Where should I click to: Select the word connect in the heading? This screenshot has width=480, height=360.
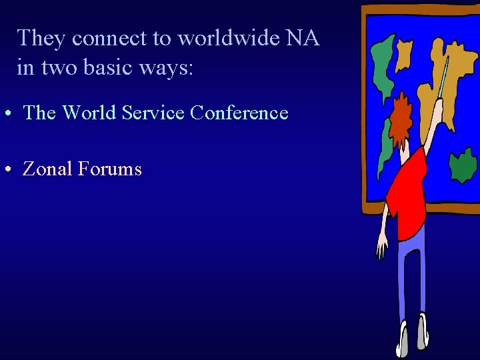tap(109, 39)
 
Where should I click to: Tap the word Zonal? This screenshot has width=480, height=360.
tap(47, 169)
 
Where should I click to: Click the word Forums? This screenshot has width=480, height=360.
tap(110, 169)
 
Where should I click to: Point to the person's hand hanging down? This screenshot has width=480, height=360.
tap(382, 249)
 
